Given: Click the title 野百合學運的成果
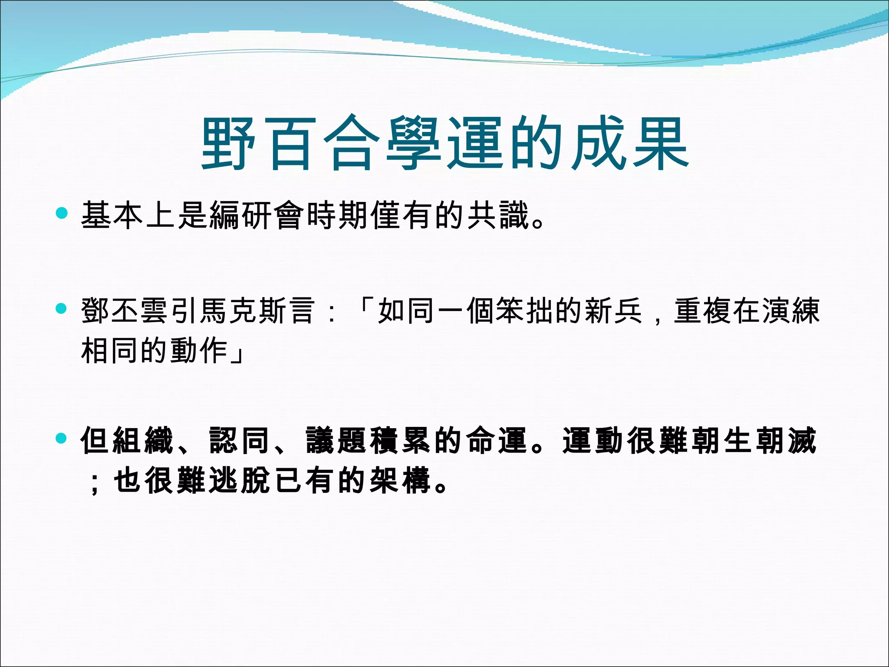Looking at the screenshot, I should [x=444, y=143].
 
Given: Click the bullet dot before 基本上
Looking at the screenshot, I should [x=62, y=213].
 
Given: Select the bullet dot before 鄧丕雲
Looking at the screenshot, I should [x=62, y=309].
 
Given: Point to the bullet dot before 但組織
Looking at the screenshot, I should [x=62, y=438].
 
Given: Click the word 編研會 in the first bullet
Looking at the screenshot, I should [x=256, y=215].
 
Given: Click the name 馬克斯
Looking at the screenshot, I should [x=243, y=311].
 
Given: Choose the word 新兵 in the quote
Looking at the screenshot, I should [x=613, y=311].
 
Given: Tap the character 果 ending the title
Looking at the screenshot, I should [x=661, y=143].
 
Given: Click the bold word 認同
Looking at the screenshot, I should [x=239, y=440].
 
